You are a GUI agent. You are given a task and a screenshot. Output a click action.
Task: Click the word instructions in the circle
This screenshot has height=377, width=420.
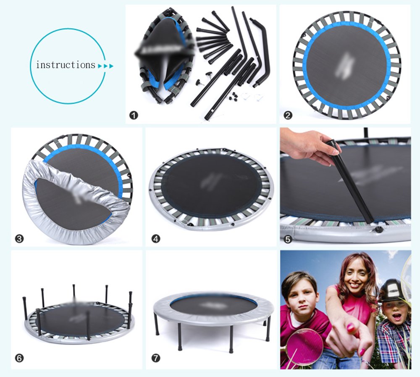click(x=66, y=65)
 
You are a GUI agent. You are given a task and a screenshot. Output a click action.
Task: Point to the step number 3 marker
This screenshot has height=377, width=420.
click(x=19, y=239)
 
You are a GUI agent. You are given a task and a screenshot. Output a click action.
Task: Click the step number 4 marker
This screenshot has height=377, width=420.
click(x=156, y=239)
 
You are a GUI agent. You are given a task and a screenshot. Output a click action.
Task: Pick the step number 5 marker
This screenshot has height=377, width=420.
click(x=288, y=239)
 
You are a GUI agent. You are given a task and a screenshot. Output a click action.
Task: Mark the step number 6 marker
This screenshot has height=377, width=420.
click(x=19, y=359)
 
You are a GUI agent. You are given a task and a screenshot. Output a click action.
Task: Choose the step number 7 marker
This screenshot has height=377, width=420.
click(x=156, y=359)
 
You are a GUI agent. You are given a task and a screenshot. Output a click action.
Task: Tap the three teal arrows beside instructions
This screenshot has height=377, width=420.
click(x=105, y=66)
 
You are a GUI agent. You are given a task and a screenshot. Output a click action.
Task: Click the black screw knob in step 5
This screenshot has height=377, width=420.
click(x=378, y=229)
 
